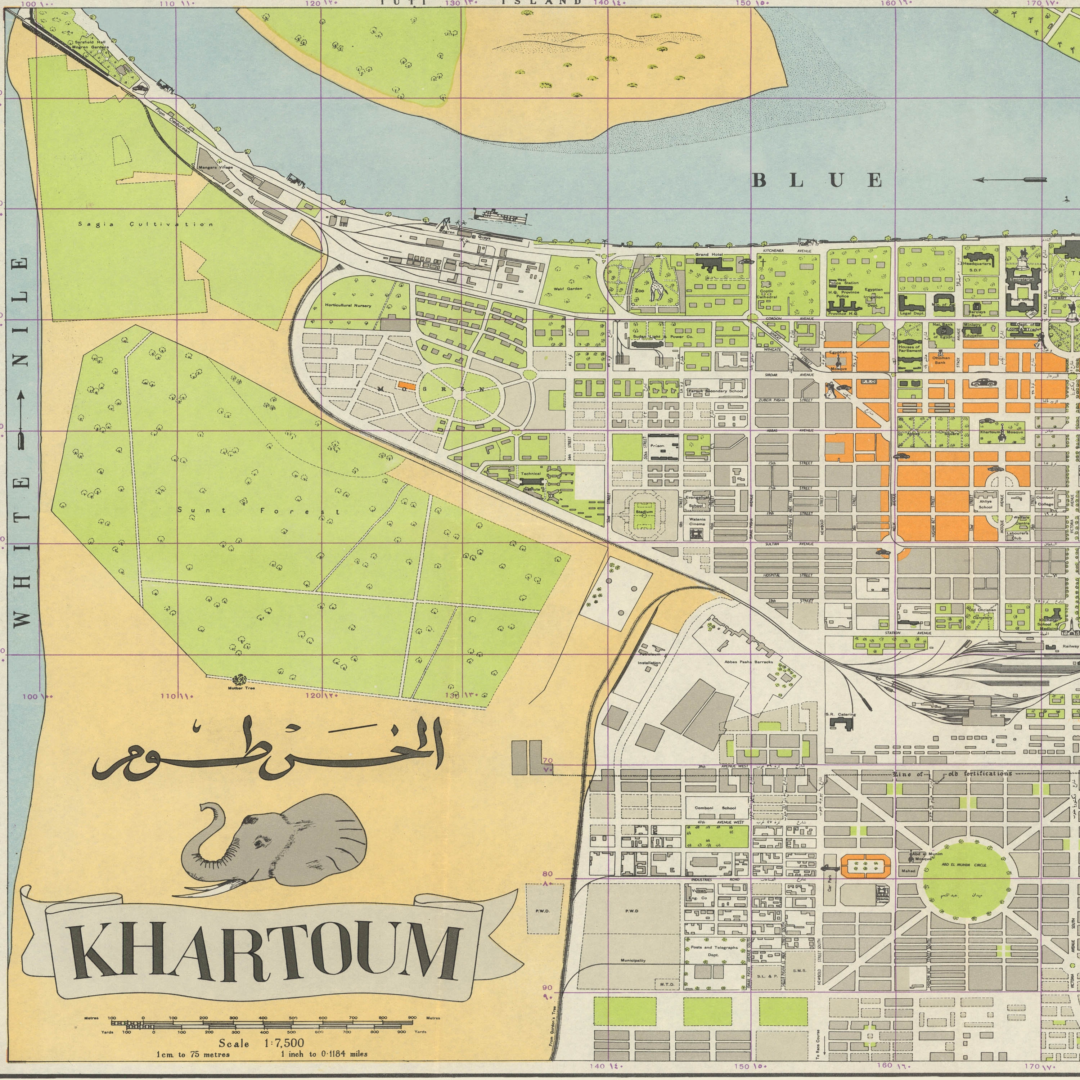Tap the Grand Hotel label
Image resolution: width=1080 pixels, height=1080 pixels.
(709, 255)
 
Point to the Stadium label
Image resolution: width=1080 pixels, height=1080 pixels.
(644, 512)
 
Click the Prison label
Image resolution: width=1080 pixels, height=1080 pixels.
(657, 446)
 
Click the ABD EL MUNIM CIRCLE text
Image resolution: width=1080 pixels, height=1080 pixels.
(964, 865)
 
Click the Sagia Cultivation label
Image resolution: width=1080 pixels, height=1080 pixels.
(145, 224)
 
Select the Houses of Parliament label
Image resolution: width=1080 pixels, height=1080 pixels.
(909, 348)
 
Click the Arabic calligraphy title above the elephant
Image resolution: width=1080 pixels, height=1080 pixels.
(268, 749)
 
